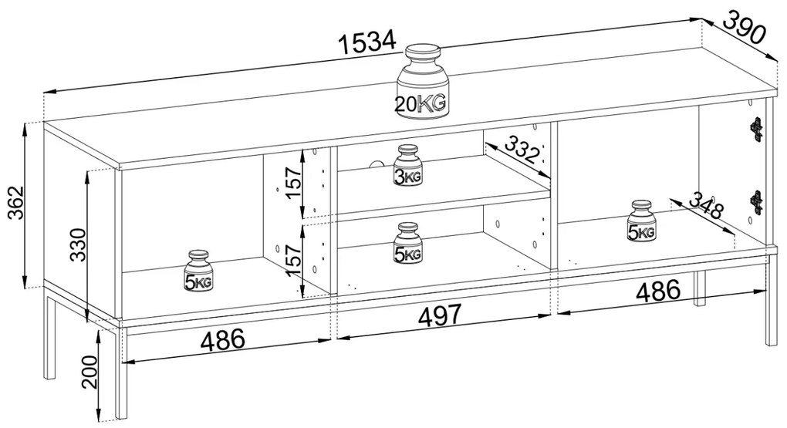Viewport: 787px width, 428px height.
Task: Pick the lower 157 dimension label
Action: coord(292,256)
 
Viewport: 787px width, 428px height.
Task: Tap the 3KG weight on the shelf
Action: coord(408,165)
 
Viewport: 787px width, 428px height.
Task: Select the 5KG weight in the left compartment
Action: coord(199,271)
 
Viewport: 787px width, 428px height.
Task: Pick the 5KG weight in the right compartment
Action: coord(642,221)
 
